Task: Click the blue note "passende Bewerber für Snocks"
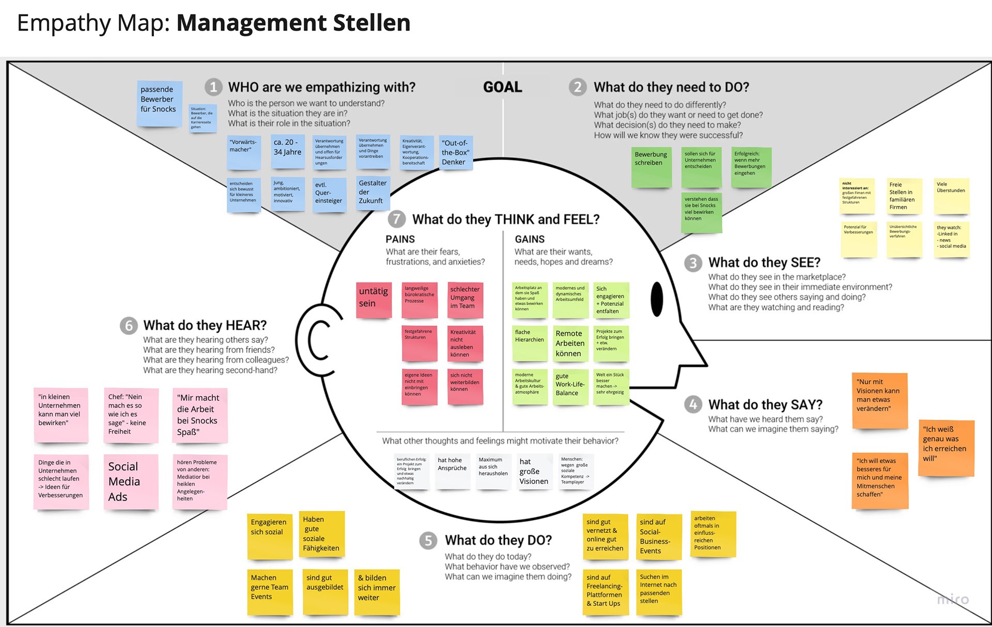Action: (159, 103)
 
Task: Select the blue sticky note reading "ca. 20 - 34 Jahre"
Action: (288, 151)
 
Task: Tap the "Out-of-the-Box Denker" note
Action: (456, 152)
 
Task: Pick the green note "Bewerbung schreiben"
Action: (652, 167)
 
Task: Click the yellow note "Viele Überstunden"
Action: (951, 196)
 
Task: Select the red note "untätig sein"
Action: (374, 300)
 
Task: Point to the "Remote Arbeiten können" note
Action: (570, 343)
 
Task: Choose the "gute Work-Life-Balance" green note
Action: (570, 386)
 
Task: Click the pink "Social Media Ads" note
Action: (131, 482)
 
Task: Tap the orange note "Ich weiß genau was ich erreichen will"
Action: (946, 447)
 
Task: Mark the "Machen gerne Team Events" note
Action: (270, 591)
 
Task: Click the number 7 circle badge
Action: (396, 219)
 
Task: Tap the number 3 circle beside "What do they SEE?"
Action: (693, 263)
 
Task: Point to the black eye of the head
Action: (657, 299)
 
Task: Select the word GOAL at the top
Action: (503, 87)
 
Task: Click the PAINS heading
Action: (400, 239)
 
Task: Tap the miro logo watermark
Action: (953, 600)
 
